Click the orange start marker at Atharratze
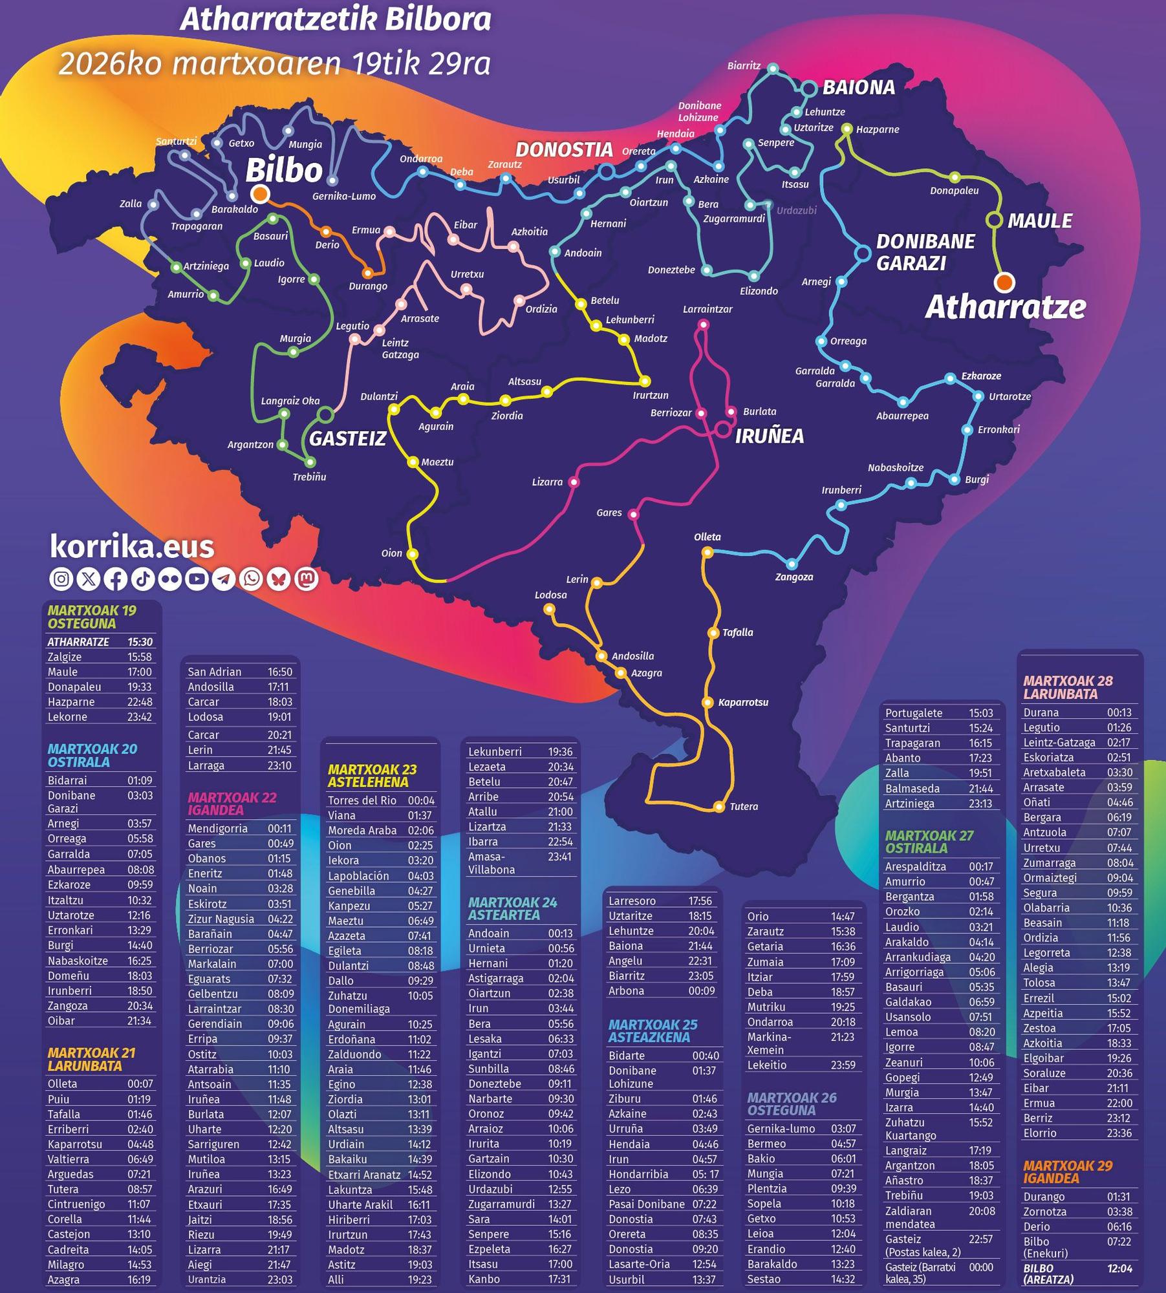pyautogui.click(x=1004, y=282)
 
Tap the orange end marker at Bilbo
pyautogui.click(x=260, y=193)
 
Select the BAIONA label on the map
pyautogui.click(x=858, y=87)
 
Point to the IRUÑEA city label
pyautogui.click(x=769, y=436)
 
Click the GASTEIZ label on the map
pyautogui.click(x=347, y=439)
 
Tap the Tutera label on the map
pyautogui.click(x=743, y=806)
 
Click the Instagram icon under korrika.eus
pyautogui.click(x=61, y=579)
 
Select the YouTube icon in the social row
pyautogui.click(x=197, y=579)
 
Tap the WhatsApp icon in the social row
pyautogui.click(x=252, y=579)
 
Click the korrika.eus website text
pyautogui.click(x=132, y=547)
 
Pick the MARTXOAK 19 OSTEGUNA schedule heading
pyautogui.click(x=92, y=617)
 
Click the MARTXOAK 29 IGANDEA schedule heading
pyautogui.click(x=1068, y=1171)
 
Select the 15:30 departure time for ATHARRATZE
pyautogui.click(x=140, y=642)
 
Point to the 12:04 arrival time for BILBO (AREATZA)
pyautogui.click(x=1119, y=1268)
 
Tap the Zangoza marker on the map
pyautogui.click(x=792, y=564)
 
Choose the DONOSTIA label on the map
pyautogui.click(x=564, y=150)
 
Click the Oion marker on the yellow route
pyautogui.click(x=413, y=554)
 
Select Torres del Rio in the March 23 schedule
pyautogui.click(x=362, y=800)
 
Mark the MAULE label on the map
pyautogui.click(x=1039, y=221)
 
